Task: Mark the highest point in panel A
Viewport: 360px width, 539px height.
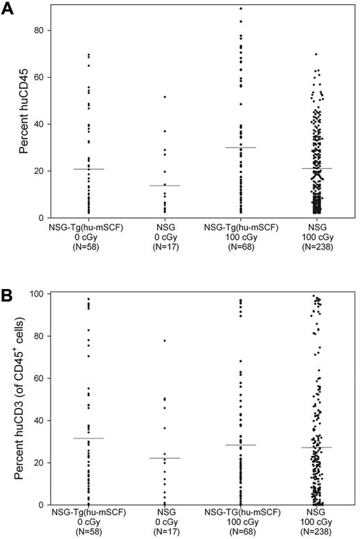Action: pyautogui.click(x=241, y=8)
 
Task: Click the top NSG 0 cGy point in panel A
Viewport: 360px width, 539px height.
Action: pyautogui.click(x=165, y=96)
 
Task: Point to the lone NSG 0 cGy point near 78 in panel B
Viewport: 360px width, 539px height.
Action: pyautogui.click(x=165, y=340)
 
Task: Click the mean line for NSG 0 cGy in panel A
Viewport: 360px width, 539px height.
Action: pyautogui.click(x=165, y=186)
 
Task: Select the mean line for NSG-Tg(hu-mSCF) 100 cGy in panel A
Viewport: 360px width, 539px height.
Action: pyautogui.click(x=241, y=148)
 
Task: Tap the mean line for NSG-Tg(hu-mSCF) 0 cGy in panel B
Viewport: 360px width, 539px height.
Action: pyautogui.click(x=89, y=438)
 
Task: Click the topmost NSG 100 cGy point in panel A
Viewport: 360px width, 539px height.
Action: pyautogui.click(x=316, y=54)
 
